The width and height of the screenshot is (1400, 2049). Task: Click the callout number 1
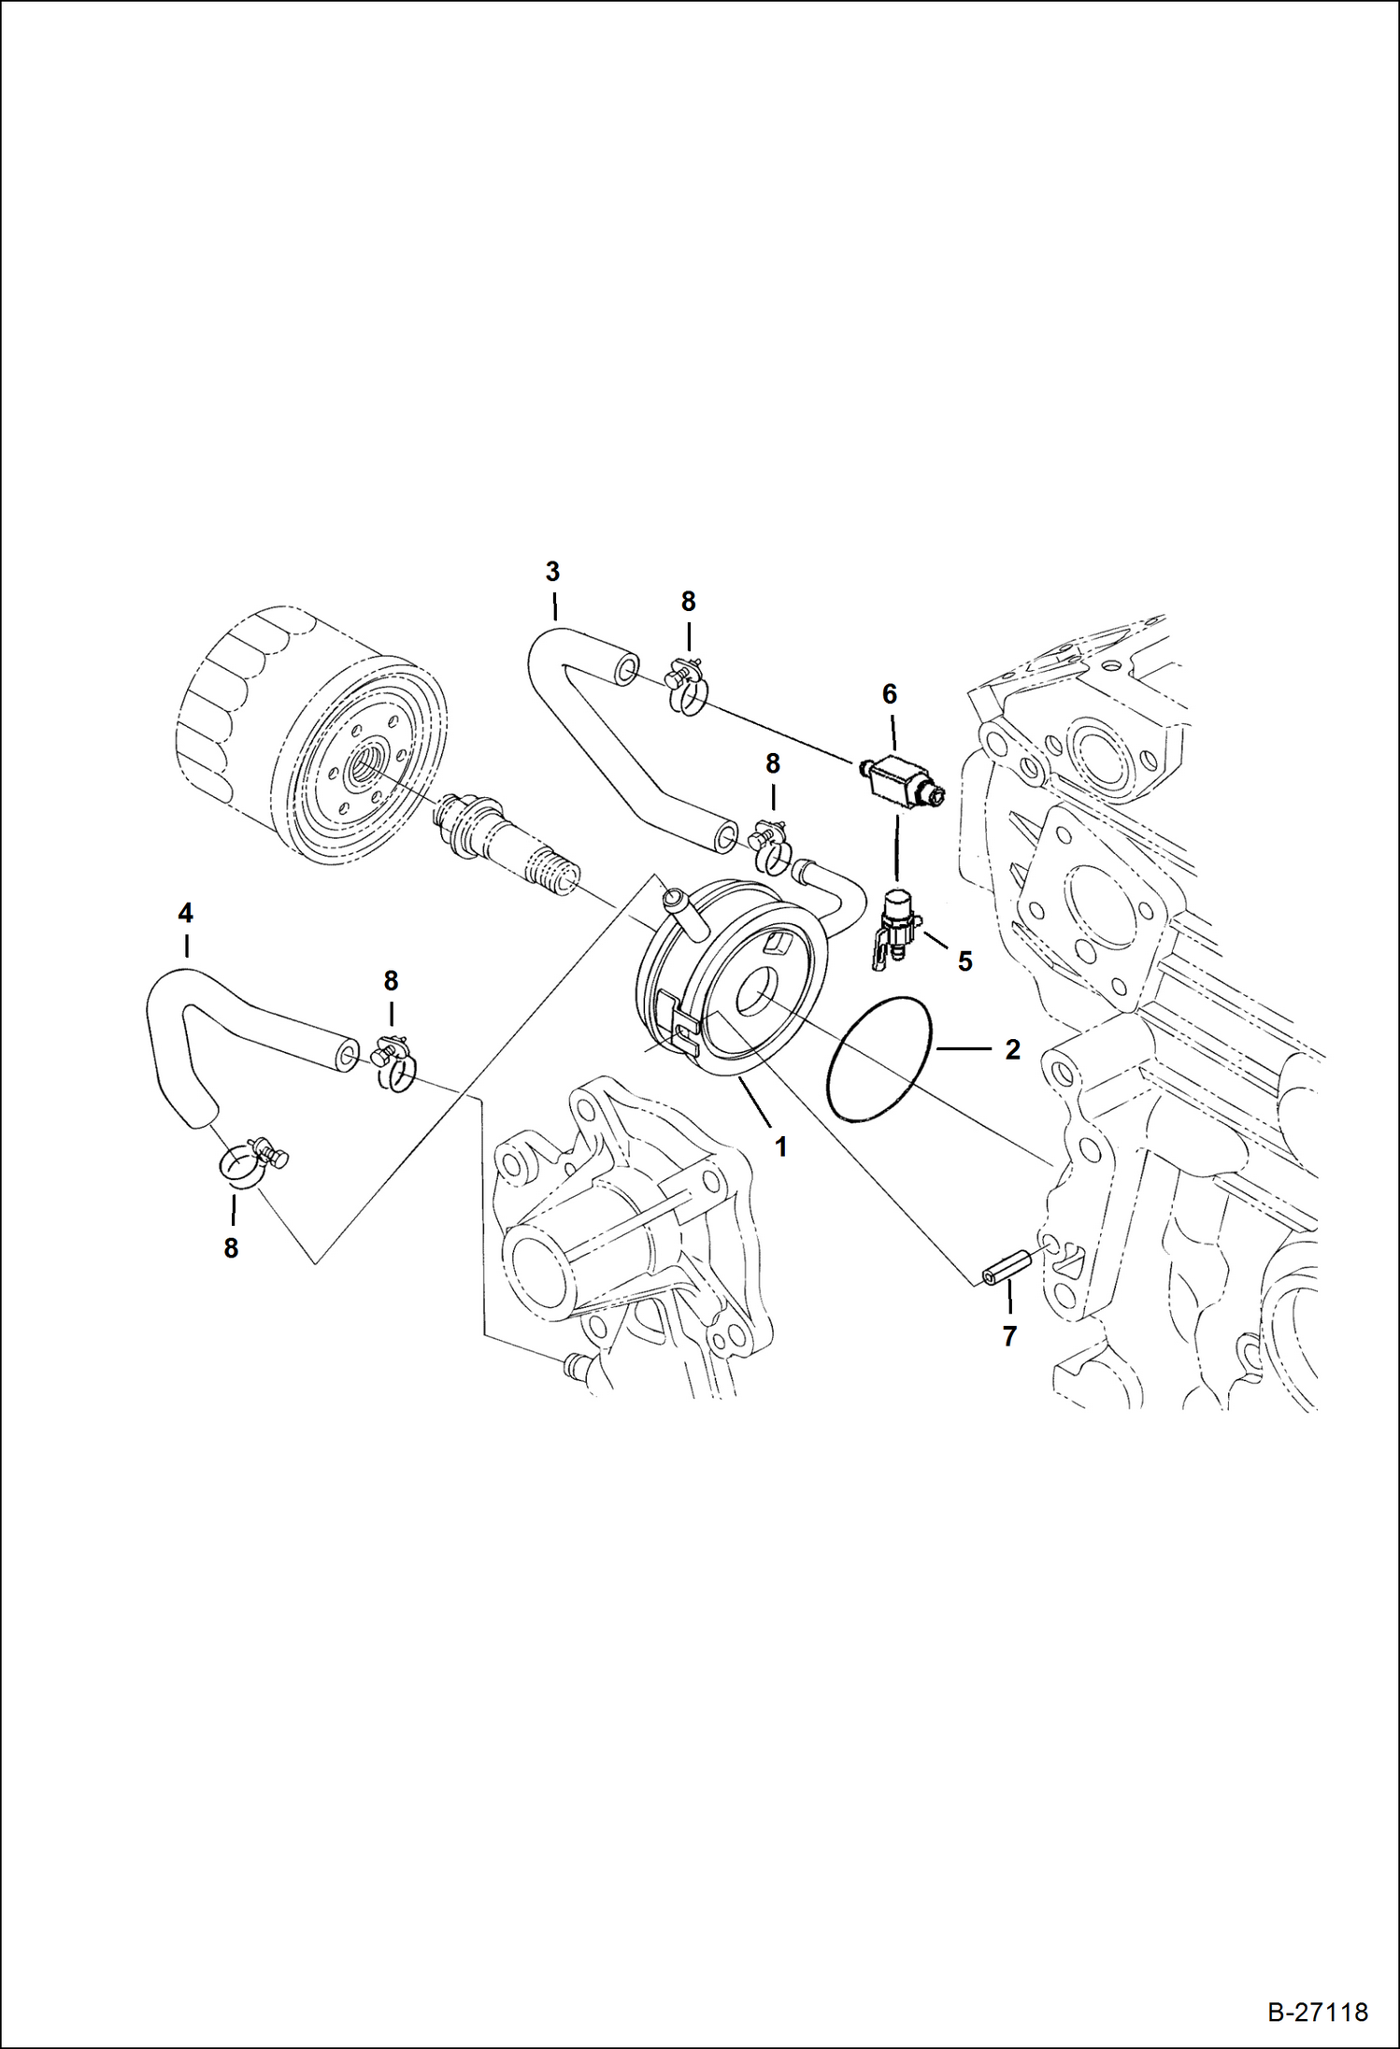tap(780, 1145)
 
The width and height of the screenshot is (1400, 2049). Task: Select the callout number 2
tap(1012, 1049)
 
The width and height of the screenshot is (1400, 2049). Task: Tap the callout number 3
tap(552, 571)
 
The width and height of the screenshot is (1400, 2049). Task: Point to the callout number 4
tap(185, 912)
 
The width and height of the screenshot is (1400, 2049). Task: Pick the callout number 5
tap(964, 960)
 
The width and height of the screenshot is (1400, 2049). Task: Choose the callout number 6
tap(889, 693)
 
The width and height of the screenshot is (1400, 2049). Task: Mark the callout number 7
tap(1009, 1337)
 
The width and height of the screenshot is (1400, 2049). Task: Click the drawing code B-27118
tap(1317, 2012)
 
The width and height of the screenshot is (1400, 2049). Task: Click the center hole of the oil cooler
tap(754, 996)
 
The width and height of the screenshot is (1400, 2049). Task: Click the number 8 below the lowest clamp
tap(231, 1247)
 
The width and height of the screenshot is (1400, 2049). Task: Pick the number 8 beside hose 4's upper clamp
tap(391, 981)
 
